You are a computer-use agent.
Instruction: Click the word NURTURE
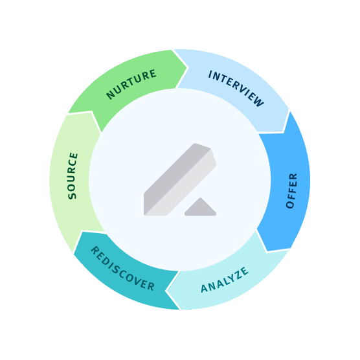click(x=131, y=84)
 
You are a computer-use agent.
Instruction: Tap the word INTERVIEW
click(x=236, y=88)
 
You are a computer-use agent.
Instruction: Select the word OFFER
click(x=291, y=191)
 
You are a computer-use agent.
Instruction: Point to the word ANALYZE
click(x=225, y=280)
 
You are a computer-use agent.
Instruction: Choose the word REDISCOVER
click(x=123, y=269)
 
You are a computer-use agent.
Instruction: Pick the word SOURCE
click(x=73, y=176)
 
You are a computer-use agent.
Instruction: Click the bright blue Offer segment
click(x=286, y=184)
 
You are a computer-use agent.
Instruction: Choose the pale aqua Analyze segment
click(x=227, y=281)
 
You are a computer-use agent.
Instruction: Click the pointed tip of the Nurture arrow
click(x=188, y=68)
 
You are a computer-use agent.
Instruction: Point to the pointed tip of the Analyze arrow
click(x=166, y=291)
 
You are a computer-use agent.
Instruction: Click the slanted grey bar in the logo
click(x=179, y=180)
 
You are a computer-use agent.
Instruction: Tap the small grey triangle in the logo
click(x=201, y=208)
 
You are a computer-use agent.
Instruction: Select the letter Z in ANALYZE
click(x=238, y=275)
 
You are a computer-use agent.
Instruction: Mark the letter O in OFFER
click(x=290, y=205)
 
